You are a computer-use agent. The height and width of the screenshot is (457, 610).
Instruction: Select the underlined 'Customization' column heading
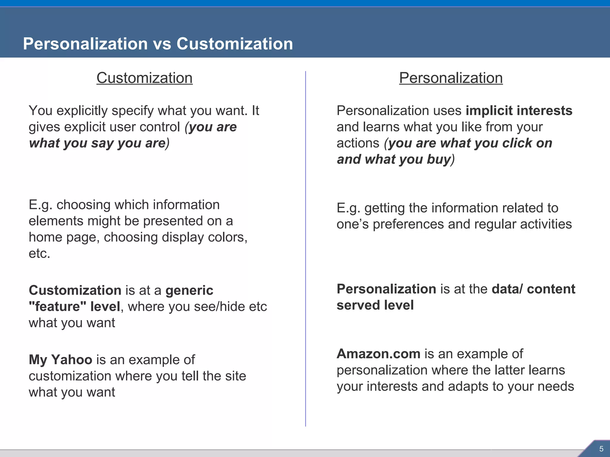coord(144,78)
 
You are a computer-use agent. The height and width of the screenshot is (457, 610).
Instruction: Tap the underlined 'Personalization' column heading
coord(451,78)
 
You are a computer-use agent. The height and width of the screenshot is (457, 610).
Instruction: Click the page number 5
coord(601,449)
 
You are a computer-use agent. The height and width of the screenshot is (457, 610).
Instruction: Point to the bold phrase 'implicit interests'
coord(519,111)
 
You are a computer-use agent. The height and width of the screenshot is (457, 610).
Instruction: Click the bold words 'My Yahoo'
coord(60,360)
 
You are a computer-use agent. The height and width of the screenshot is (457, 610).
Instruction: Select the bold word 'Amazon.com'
coord(378,354)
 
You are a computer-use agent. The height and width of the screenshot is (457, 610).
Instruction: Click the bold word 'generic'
coord(189,290)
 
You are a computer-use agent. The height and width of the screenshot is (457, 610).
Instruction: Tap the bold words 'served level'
coord(375,305)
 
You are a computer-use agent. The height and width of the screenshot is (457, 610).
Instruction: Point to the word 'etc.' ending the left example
coord(39,253)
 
